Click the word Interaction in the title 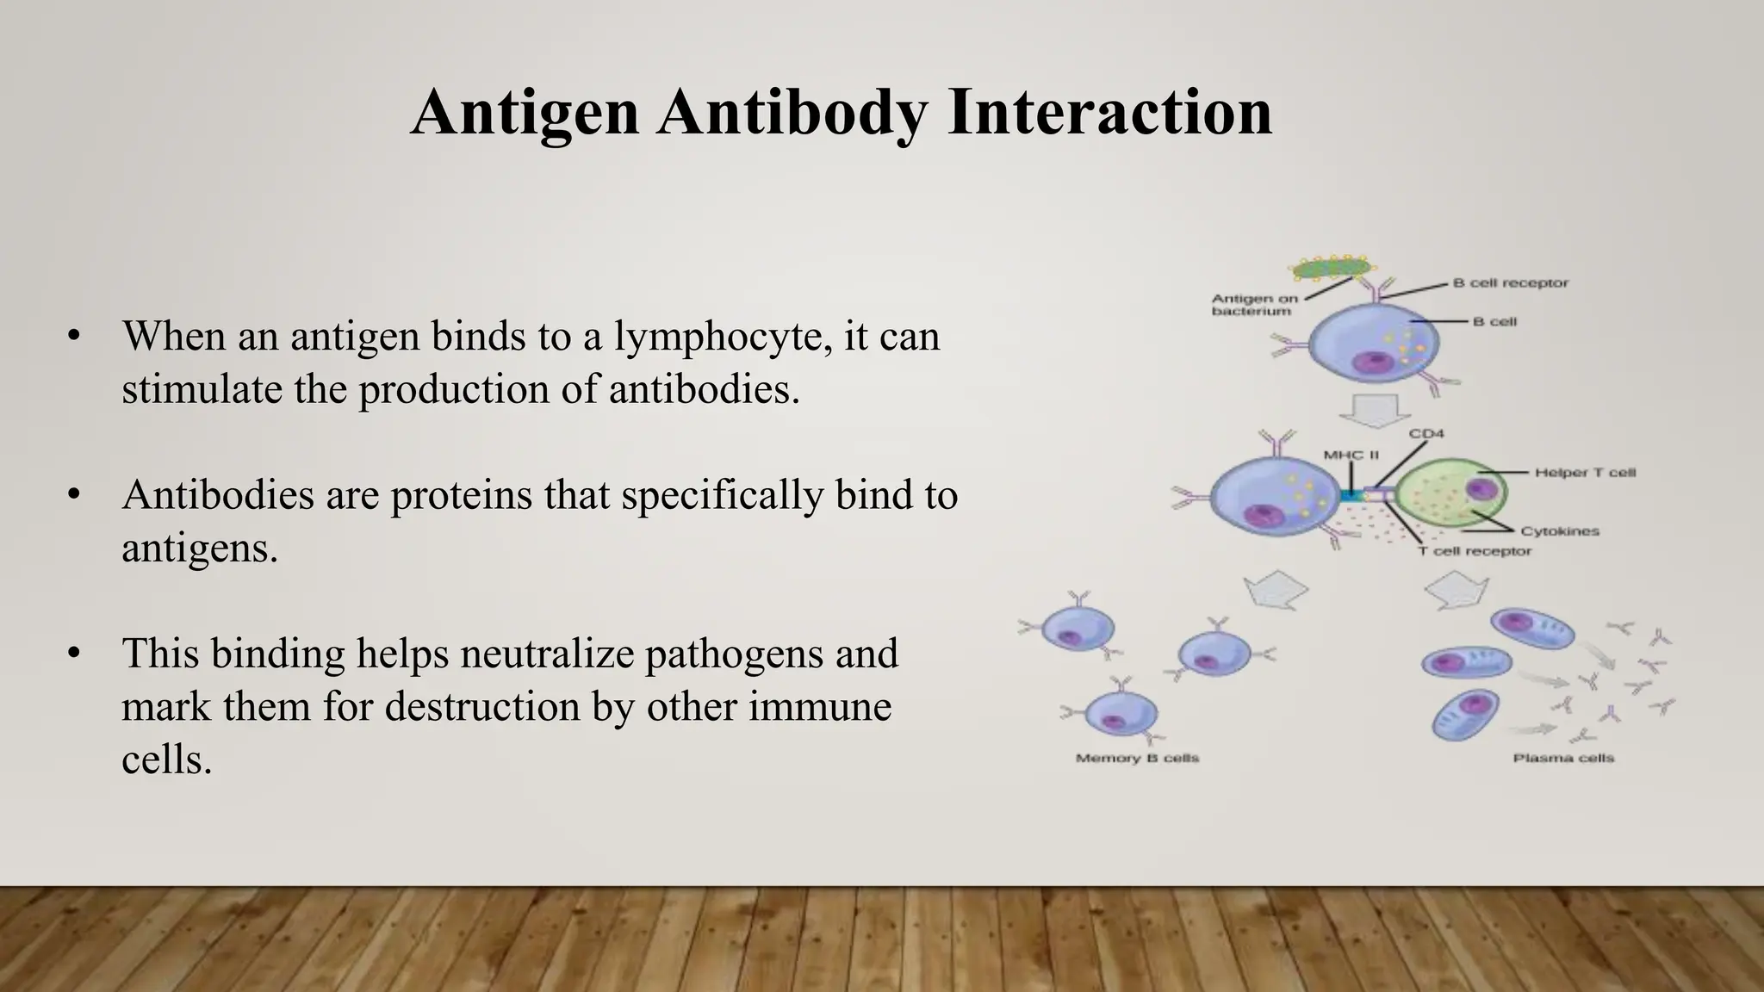point(1109,113)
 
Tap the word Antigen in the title point(525,113)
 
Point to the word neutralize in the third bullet point(548,654)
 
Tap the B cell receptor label point(1510,282)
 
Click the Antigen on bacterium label point(1253,305)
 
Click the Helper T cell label point(1584,473)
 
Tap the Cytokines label point(1559,531)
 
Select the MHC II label point(1351,455)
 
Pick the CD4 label point(1425,434)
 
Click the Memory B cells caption point(1137,759)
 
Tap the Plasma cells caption point(1563,759)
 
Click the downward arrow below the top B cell point(1374,412)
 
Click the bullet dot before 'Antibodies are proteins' point(74,495)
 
